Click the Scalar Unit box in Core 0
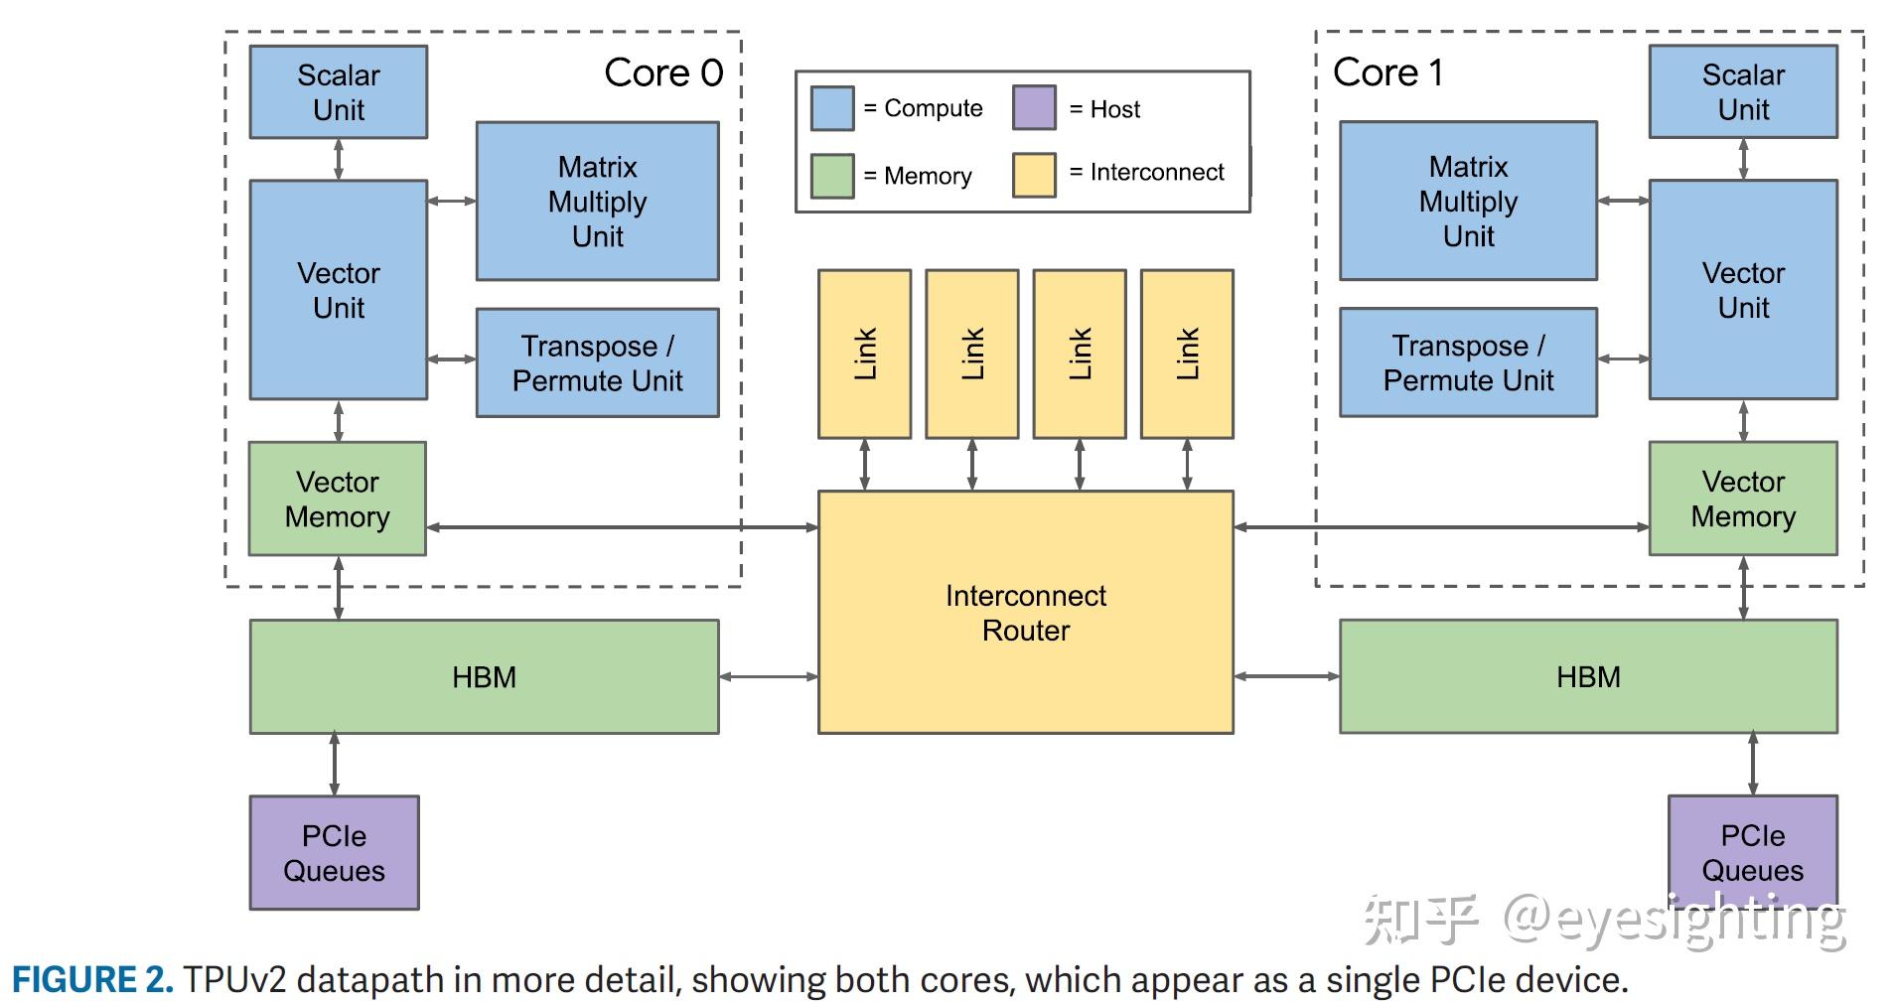tap(338, 91)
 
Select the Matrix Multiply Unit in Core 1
tap(1468, 201)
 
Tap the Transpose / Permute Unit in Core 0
tap(597, 362)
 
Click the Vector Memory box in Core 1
tap(1743, 499)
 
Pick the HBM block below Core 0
tap(484, 677)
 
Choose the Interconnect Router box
tap(1025, 613)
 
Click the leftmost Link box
tap(864, 354)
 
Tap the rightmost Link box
tap(1187, 354)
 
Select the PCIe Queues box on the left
tap(334, 853)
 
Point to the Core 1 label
tap(1387, 72)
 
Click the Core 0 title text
tap(663, 72)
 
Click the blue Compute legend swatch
tap(832, 108)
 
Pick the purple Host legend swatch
tap(1034, 107)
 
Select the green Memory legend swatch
tap(832, 176)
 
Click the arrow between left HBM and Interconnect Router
tap(768, 677)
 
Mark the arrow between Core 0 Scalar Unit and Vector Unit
tap(339, 159)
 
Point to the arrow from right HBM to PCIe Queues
tap(1753, 764)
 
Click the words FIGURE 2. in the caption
tap(92, 980)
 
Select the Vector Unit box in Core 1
tap(1743, 290)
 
